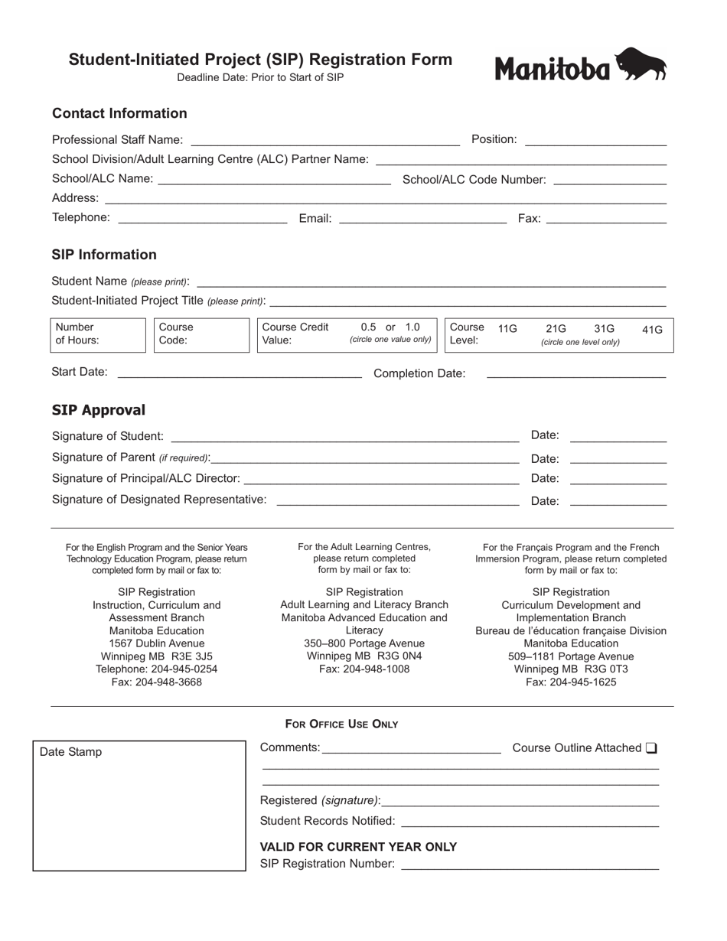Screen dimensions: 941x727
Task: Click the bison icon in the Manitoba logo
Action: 641,64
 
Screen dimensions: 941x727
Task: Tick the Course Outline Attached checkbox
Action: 651,748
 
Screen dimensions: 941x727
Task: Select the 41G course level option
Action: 652,330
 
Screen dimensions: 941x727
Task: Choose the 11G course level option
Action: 507,329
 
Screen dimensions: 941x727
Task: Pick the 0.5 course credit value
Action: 369,327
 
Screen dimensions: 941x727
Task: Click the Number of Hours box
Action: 98,334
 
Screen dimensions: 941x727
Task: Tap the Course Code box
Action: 202,334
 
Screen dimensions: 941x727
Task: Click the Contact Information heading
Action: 119,113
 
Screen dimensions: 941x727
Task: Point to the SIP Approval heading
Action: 98,410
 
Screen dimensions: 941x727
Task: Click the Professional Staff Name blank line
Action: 324,141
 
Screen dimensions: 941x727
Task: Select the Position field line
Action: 595,141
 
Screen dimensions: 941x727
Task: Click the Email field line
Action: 422,220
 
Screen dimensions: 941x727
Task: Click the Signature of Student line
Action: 344,437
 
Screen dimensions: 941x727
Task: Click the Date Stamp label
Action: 70,752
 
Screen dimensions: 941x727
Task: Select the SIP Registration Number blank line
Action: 530,865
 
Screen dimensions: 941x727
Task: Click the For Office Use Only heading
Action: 341,724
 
